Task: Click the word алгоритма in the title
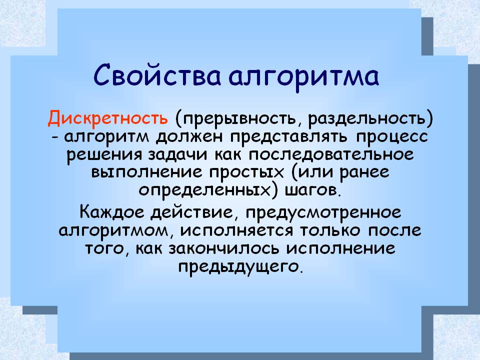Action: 303,77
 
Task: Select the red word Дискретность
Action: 108,118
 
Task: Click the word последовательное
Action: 331,154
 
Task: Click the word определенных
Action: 204,190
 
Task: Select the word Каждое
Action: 111,212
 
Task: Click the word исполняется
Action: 236,230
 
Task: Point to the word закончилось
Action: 224,248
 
